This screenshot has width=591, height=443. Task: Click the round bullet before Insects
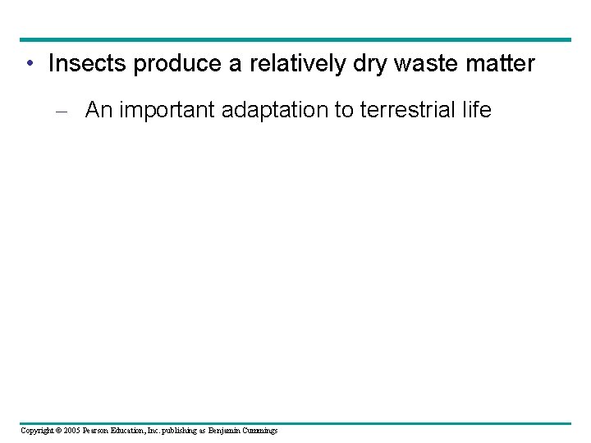tap(30, 64)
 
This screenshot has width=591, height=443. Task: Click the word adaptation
tap(280, 110)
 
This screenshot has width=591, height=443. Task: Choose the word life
tap(475, 110)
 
